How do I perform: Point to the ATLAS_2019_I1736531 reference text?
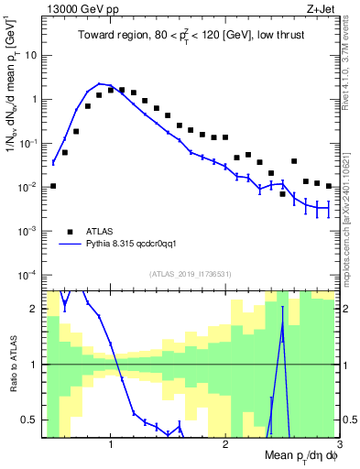tap(190, 274)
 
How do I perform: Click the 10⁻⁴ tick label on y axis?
tap(26, 275)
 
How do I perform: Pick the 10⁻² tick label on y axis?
tap(26, 187)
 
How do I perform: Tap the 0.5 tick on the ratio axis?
tap(27, 420)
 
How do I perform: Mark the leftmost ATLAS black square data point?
tap(53, 186)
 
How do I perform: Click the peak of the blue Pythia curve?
tap(100, 83)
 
